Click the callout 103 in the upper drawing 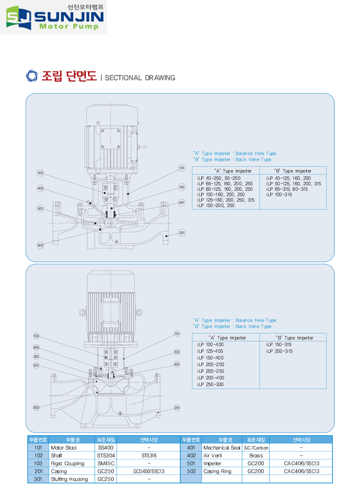tap(40, 173)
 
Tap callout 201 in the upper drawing tap(182, 233)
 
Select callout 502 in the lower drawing tap(36, 407)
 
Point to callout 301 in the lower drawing tap(36, 357)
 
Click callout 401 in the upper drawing tap(182, 202)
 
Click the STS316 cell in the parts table tap(148, 455)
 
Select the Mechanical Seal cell tap(221, 448)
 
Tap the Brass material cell tap(256, 455)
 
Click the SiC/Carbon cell tap(256, 448)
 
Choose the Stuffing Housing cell tap(69, 479)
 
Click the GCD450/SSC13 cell tap(148, 471)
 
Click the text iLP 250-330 tap(210, 384)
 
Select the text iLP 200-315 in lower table tap(280, 351)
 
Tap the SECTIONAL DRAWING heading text tap(140, 78)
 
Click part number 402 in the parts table tap(189, 455)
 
